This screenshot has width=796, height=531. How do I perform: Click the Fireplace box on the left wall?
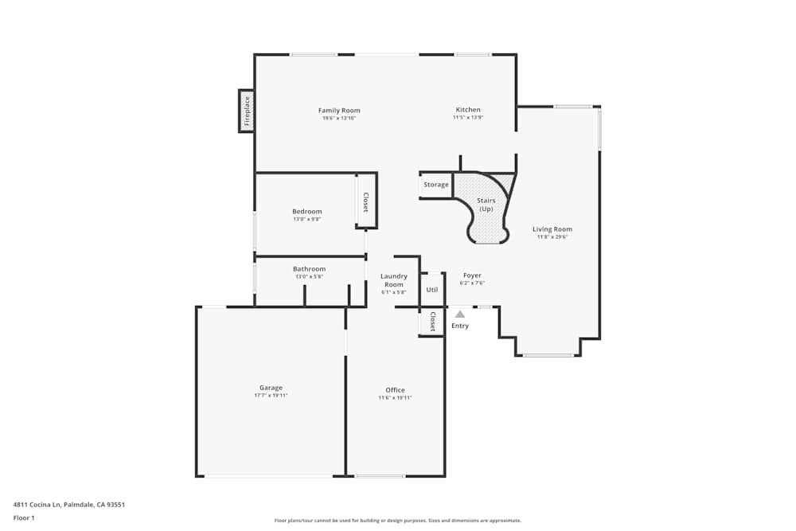coord(247,111)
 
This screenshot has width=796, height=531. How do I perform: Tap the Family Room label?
coord(339,110)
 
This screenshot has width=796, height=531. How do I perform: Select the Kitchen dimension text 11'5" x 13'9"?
coord(468,118)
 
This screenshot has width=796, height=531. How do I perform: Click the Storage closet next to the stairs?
coord(436,185)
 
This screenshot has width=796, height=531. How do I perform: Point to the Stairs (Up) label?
coord(486,205)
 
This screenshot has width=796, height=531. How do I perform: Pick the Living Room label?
coord(552,229)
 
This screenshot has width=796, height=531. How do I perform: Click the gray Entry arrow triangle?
coord(460,314)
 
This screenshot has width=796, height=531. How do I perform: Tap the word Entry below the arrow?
coord(460,326)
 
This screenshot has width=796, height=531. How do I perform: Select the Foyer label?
coord(472,275)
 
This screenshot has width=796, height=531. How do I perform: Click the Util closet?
coord(431,290)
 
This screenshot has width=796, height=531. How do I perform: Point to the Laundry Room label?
coord(394,280)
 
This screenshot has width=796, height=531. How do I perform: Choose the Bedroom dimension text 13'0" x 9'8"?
coord(306,219)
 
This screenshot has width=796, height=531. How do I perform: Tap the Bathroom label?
coord(309,269)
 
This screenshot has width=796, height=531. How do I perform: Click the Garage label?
coord(271,388)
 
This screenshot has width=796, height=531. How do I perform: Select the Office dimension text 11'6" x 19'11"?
coord(395,398)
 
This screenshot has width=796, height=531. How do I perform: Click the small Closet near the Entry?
coord(432,322)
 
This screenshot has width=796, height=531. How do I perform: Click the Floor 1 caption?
coord(24,517)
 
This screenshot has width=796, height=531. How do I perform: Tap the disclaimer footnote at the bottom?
coord(398,521)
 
